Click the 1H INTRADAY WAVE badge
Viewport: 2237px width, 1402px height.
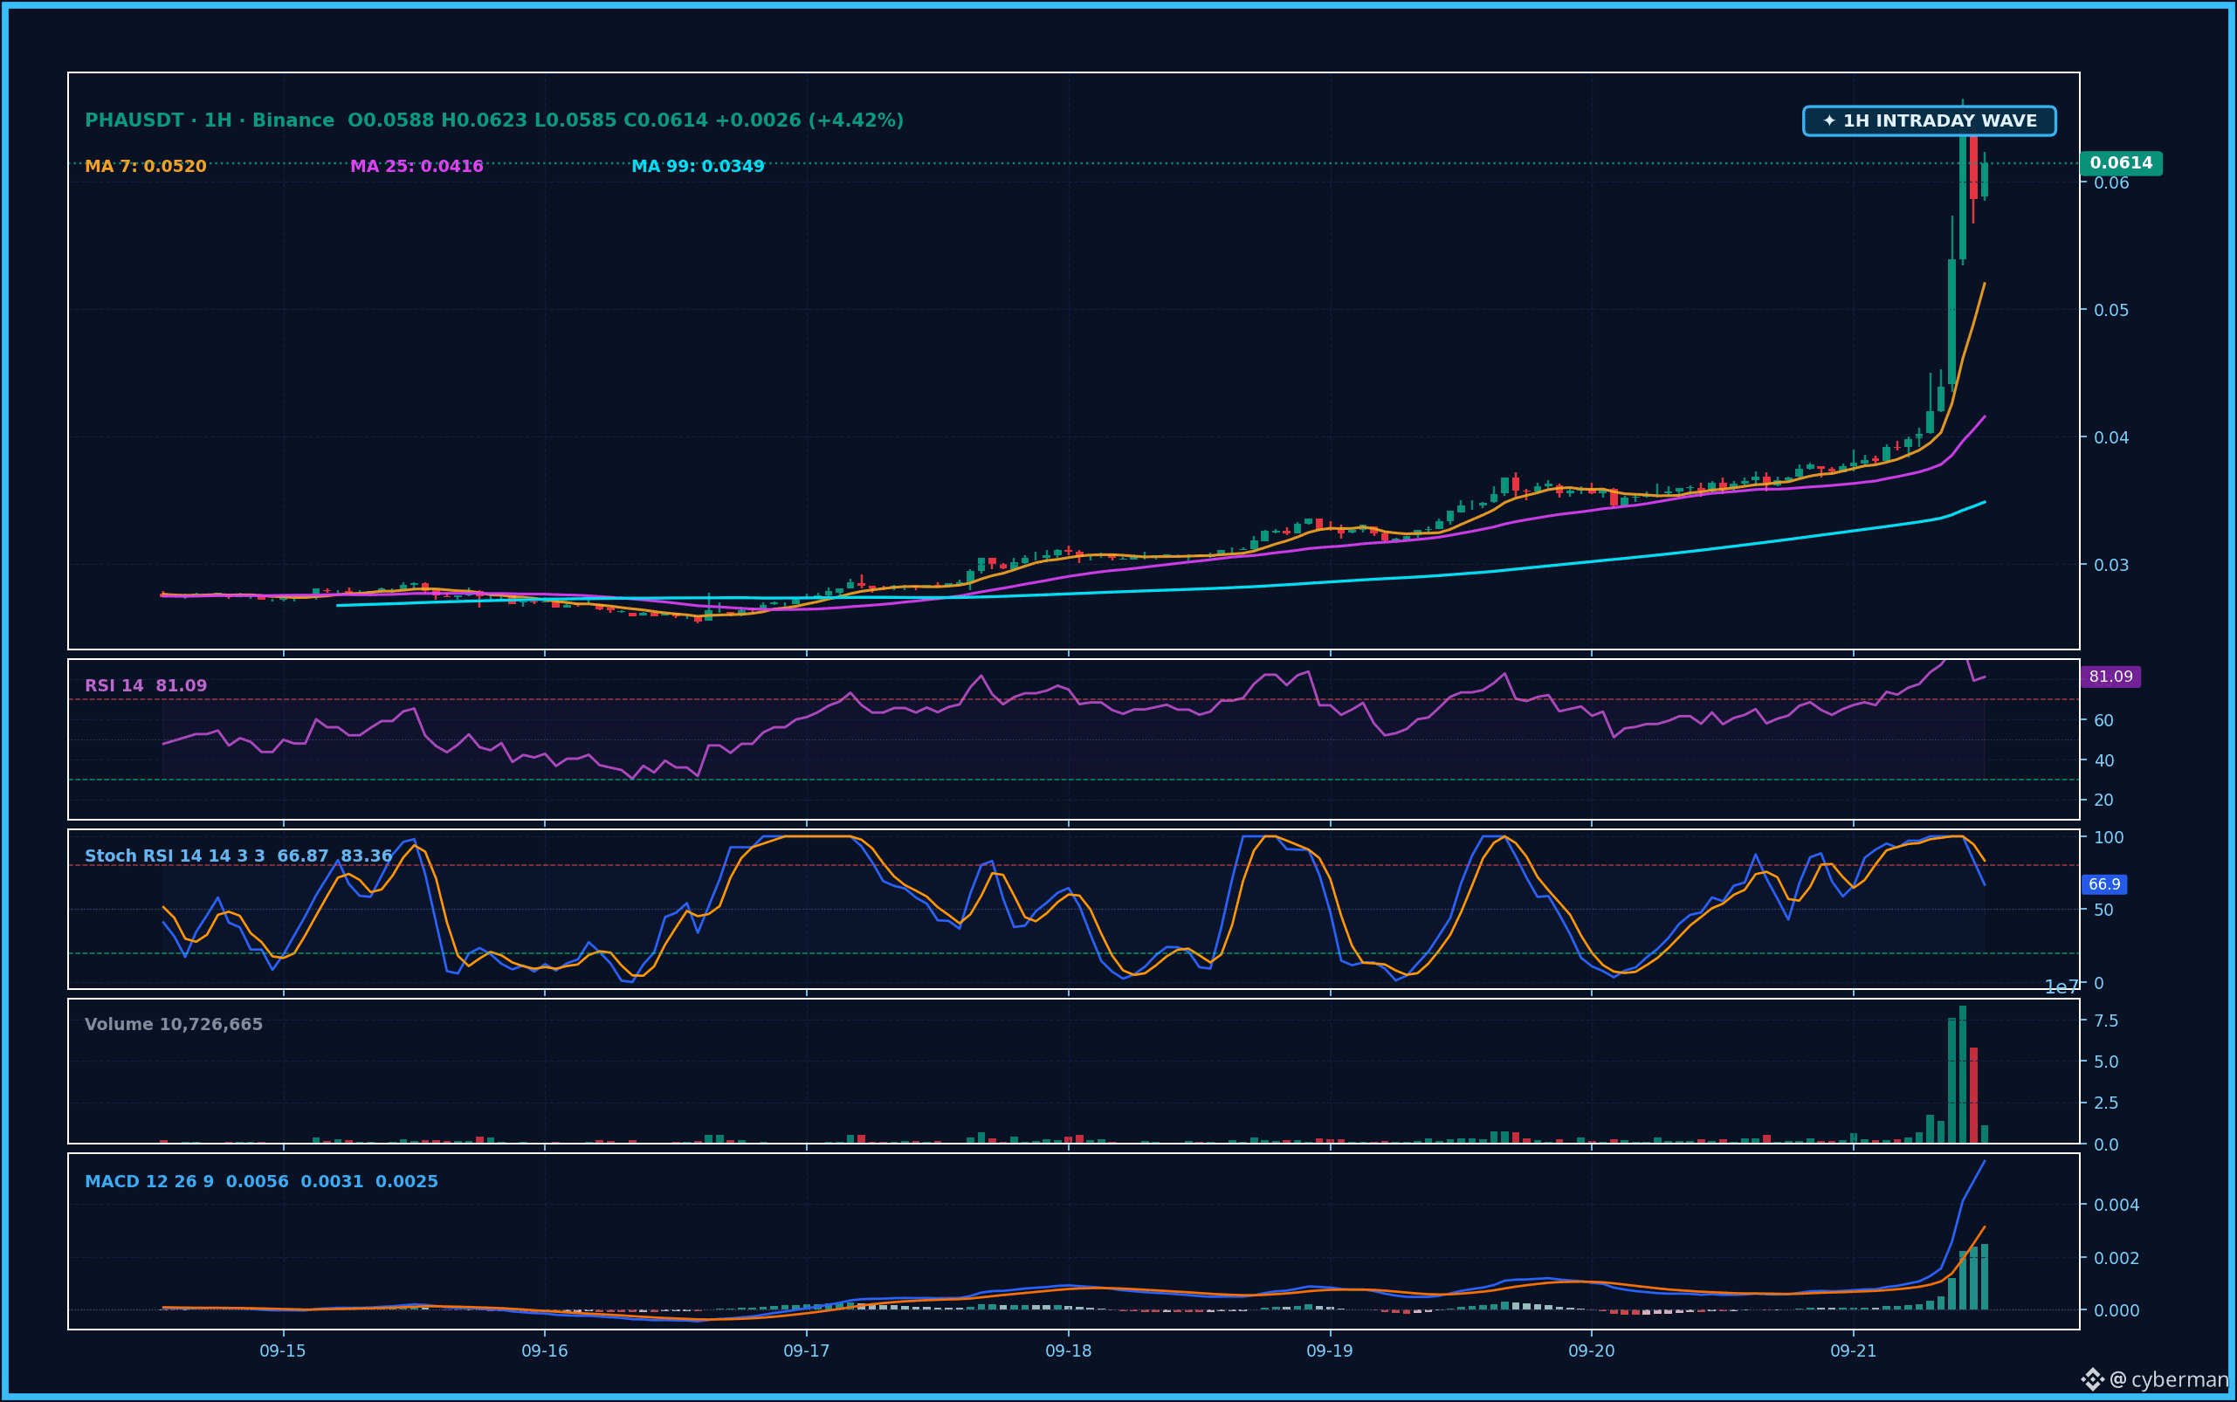coord(1929,120)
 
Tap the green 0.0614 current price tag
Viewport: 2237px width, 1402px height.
coord(2121,163)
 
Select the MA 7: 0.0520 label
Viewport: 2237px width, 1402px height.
coord(146,167)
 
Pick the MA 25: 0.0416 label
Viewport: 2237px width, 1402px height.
coord(416,167)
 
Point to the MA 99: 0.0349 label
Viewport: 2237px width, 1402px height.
coord(698,167)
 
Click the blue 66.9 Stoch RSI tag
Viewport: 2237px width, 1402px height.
coord(2104,884)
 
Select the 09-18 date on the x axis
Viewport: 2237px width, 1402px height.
coord(1069,1351)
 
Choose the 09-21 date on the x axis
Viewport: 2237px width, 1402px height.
coord(1853,1351)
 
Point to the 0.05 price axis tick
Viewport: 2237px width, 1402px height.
coord(2112,310)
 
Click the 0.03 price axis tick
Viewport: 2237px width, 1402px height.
coord(2112,565)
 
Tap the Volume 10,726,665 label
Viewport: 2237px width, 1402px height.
coord(174,1025)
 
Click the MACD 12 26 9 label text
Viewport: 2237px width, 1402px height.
coord(149,1181)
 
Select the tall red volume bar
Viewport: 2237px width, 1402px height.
coord(1973,1095)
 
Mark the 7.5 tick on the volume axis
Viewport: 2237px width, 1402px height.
coord(2106,1021)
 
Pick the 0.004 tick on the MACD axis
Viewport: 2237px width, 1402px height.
coord(2117,1205)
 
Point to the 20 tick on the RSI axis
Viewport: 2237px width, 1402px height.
coord(2103,801)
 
